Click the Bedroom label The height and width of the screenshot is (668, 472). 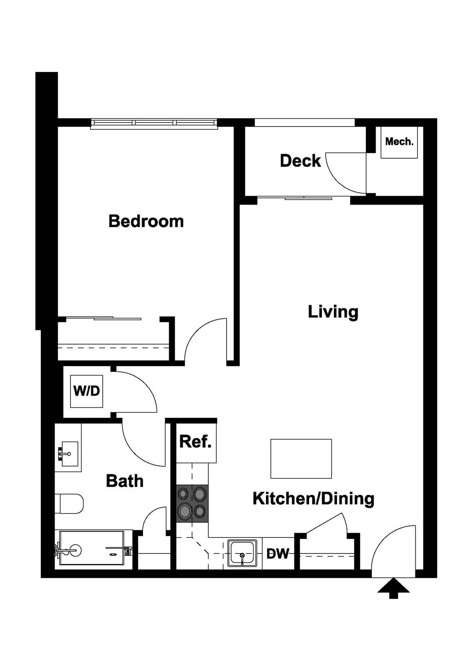146,221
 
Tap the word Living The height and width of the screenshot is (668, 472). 333,312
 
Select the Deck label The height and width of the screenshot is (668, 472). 300,161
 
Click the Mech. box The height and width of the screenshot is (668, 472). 399,142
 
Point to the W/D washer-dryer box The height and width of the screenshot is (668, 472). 87,391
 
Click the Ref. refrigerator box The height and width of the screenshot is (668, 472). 196,442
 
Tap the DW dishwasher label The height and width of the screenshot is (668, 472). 278,554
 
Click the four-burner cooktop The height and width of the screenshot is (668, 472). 192,503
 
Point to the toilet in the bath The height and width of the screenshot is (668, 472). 69,504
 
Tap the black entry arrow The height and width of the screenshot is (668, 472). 393,588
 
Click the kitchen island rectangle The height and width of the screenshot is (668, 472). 301,459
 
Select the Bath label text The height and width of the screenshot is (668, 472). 125,481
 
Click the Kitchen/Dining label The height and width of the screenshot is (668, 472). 313,499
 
